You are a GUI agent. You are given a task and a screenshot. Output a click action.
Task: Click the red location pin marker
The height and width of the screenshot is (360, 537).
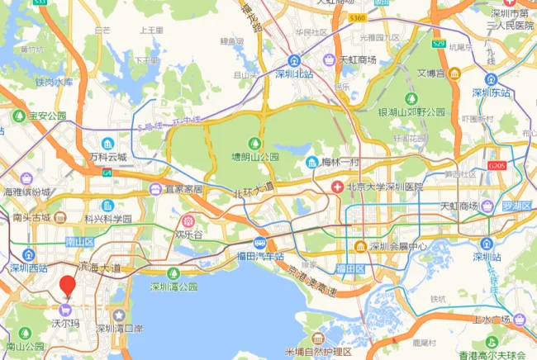(x=68, y=286)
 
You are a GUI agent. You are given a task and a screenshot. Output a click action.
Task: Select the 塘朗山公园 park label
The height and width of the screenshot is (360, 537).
(x=254, y=155)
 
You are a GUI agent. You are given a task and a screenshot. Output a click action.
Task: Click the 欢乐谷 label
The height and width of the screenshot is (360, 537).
(x=188, y=234)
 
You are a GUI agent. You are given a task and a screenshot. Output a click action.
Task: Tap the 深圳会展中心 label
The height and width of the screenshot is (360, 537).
(x=397, y=246)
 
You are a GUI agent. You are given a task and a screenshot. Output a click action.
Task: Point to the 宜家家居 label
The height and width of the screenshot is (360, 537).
(x=181, y=188)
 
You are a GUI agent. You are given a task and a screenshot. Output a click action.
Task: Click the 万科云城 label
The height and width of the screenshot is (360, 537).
(x=109, y=156)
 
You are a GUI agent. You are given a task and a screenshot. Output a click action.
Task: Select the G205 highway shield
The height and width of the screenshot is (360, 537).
(x=497, y=165)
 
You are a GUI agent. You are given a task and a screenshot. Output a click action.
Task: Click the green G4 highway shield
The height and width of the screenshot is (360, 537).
(x=107, y=173)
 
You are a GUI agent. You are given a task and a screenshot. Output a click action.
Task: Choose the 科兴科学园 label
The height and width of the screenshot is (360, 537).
(x=107, y=218)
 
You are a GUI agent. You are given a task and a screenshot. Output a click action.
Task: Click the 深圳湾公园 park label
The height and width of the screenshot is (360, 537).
(x=173, y=287)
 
